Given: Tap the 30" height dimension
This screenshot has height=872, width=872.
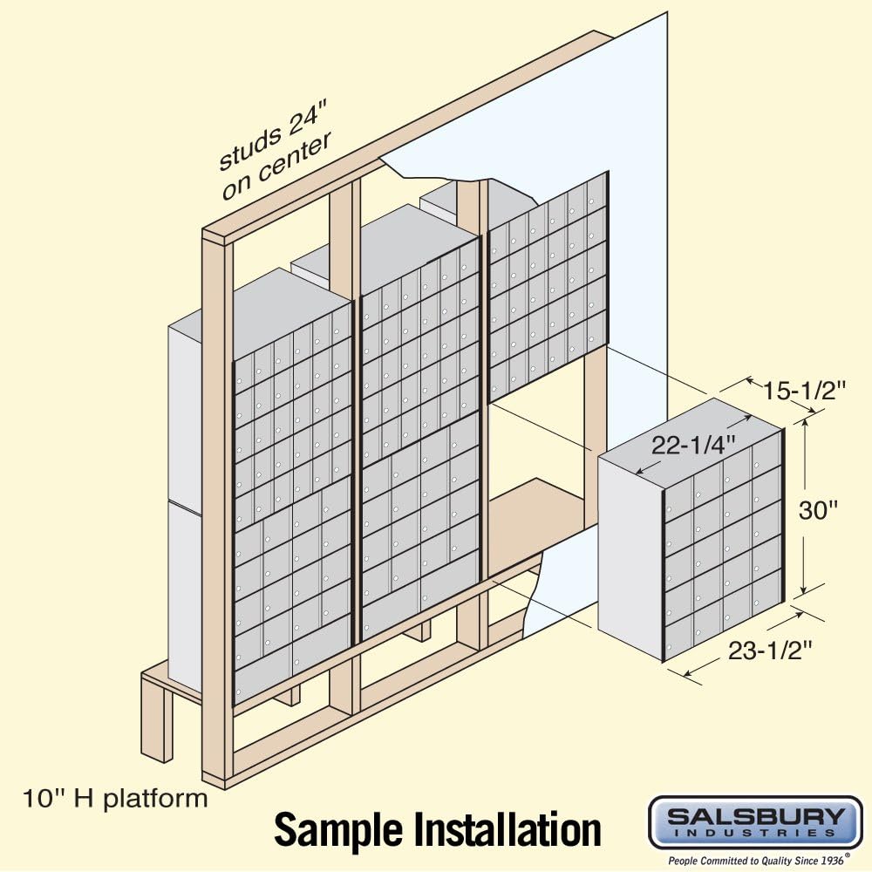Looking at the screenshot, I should (819, 510).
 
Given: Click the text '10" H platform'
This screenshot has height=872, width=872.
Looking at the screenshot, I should (115, 798).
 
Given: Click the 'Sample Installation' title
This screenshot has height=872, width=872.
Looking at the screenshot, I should (438, 829).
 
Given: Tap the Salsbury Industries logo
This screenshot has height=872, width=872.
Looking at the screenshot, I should (755, 821).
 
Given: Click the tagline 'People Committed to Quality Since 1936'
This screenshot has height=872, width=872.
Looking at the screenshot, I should (755, 860).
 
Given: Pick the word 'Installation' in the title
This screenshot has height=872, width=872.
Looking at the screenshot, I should (508, 829).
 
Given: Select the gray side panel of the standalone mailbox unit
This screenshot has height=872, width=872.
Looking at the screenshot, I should (630, 558).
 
